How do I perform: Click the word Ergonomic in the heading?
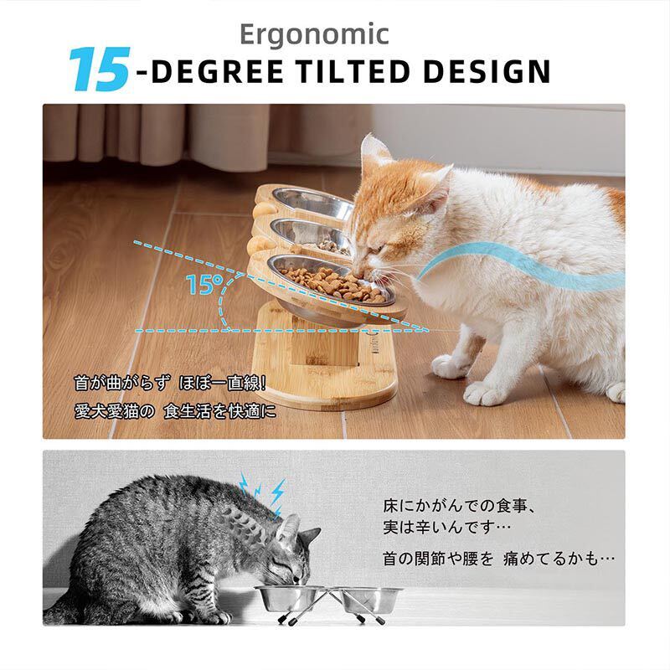click(x=314, y=33)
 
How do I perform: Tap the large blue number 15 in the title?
click(x=98, y=70)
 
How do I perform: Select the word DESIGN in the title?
click(x=487, y=71)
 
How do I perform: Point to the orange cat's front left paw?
click(x=450, y=365)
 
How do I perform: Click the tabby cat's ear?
click(x=287, y=527)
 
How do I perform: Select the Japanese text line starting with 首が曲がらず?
click(x=170, y=384)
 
